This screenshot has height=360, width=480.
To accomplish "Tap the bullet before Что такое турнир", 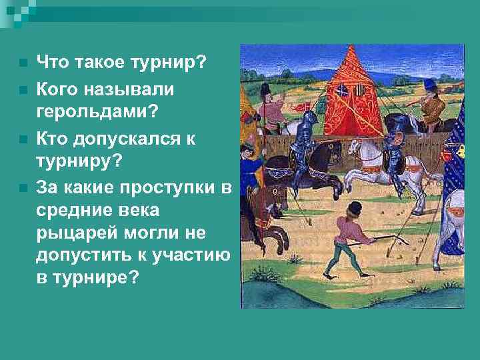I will (23, 64).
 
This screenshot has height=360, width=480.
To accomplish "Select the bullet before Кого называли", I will (23, 87).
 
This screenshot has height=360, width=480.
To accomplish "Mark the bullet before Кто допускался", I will (23, 140).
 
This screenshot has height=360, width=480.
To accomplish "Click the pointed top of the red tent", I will (349, 49).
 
